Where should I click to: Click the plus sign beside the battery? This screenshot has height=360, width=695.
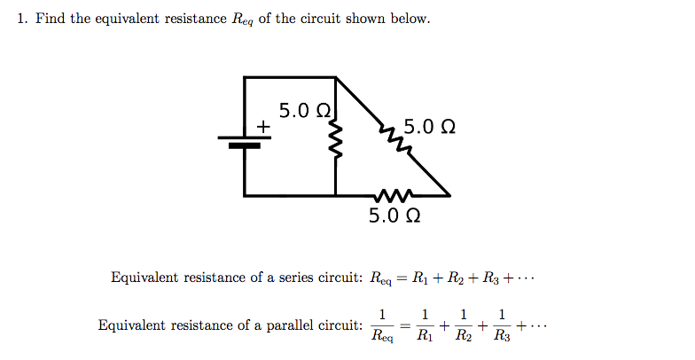coord(262,129)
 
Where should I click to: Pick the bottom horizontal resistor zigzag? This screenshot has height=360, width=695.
coord(392,195)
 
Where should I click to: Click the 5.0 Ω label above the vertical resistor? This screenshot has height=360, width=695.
coord(305,111)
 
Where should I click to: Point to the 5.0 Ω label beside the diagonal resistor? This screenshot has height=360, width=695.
coord(430,127)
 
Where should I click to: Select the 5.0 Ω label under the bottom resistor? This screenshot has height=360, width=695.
coord(394,215)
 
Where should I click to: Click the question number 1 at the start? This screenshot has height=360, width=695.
coord(22,19)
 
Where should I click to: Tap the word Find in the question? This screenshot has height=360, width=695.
coord(50,19)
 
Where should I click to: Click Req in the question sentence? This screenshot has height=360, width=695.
coord(241,20)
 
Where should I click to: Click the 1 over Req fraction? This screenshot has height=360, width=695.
coord(382,325)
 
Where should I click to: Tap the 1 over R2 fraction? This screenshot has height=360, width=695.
coord(464,325)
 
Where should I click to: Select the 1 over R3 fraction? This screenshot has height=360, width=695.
coord(503,325)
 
